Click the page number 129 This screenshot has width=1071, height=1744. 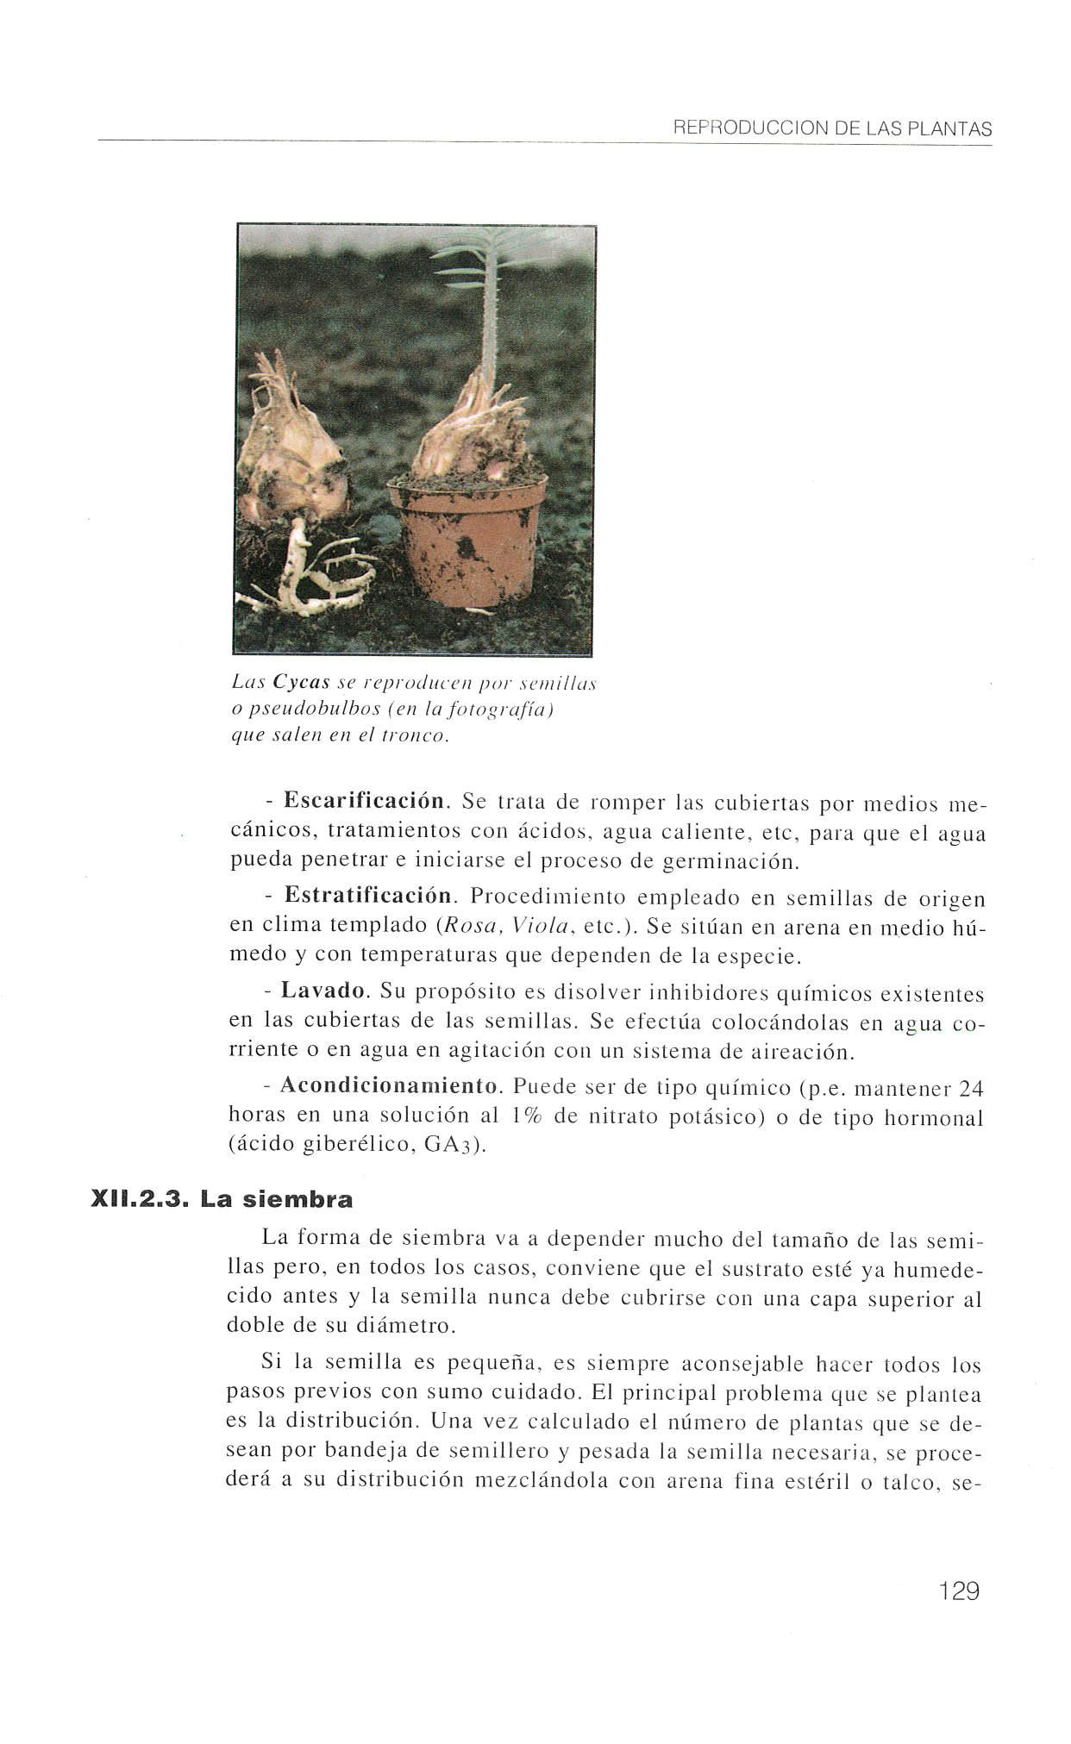[x=959, y=1590]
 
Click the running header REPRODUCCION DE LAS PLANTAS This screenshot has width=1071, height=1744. [x=832, y=129]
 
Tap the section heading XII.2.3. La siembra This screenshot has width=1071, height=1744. [x=222, y=1199]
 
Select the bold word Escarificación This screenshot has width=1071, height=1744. [x=364, y=800]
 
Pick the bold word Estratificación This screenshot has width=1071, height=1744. [x=368, y=897]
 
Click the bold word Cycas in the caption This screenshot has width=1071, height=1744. [x=302, y=682]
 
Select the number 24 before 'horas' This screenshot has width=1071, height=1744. [x=971, y=1089]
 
